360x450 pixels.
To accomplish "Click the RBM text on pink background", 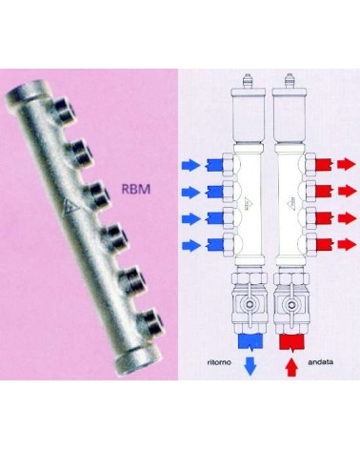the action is pyautogui.click(x=136, y=189).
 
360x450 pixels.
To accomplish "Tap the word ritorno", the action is pyautogui.click(x=219, y=362).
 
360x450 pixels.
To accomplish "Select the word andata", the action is pyautogui.click(x=320, y=362).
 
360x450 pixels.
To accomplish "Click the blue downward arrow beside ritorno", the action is pyautogui.click(x=250, y=366).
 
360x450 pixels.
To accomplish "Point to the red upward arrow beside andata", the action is pyautogui.click(x=291, y=367).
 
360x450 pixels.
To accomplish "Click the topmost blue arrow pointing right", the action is pyautogui.click(x=191, y=166).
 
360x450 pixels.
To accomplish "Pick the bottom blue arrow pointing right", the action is pyautogui.click(x=191, y=245).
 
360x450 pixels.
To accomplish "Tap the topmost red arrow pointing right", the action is pyautogui.click(x=347, y=165).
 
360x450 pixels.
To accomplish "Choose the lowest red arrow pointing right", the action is pyautogui.click(x=347, y=245).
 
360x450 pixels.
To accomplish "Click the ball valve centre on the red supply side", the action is pyautogui.click(x=290, y=305).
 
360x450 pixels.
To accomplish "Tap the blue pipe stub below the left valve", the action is pyautogui.click(x=250, y=341).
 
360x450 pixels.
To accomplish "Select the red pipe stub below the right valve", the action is pyautogui.click(x=291, y=341).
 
